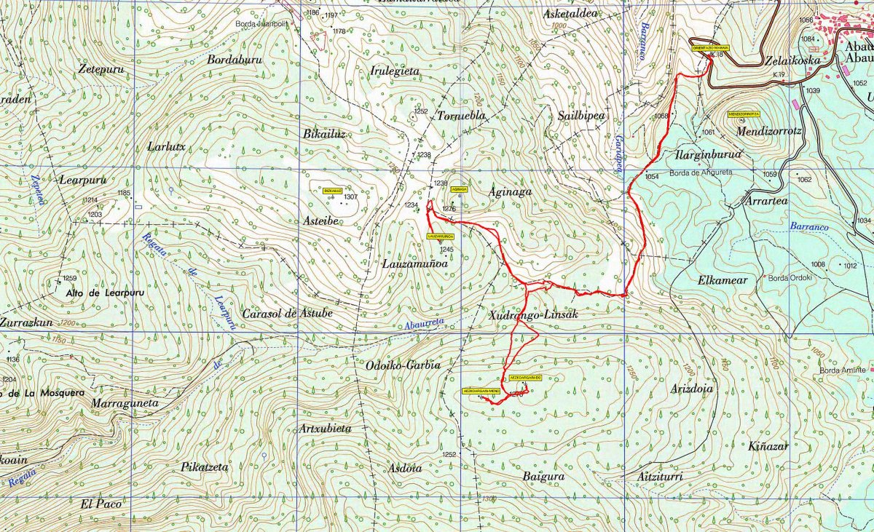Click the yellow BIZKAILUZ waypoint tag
(332, 190)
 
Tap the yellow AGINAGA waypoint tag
(459, 189)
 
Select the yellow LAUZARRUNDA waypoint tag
(441, 237)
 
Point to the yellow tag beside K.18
(710, 47)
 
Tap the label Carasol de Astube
(287, 313)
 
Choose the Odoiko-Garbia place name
(398, 365)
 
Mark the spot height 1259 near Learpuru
(70, 279)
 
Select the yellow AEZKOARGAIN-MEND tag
(481, 391)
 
